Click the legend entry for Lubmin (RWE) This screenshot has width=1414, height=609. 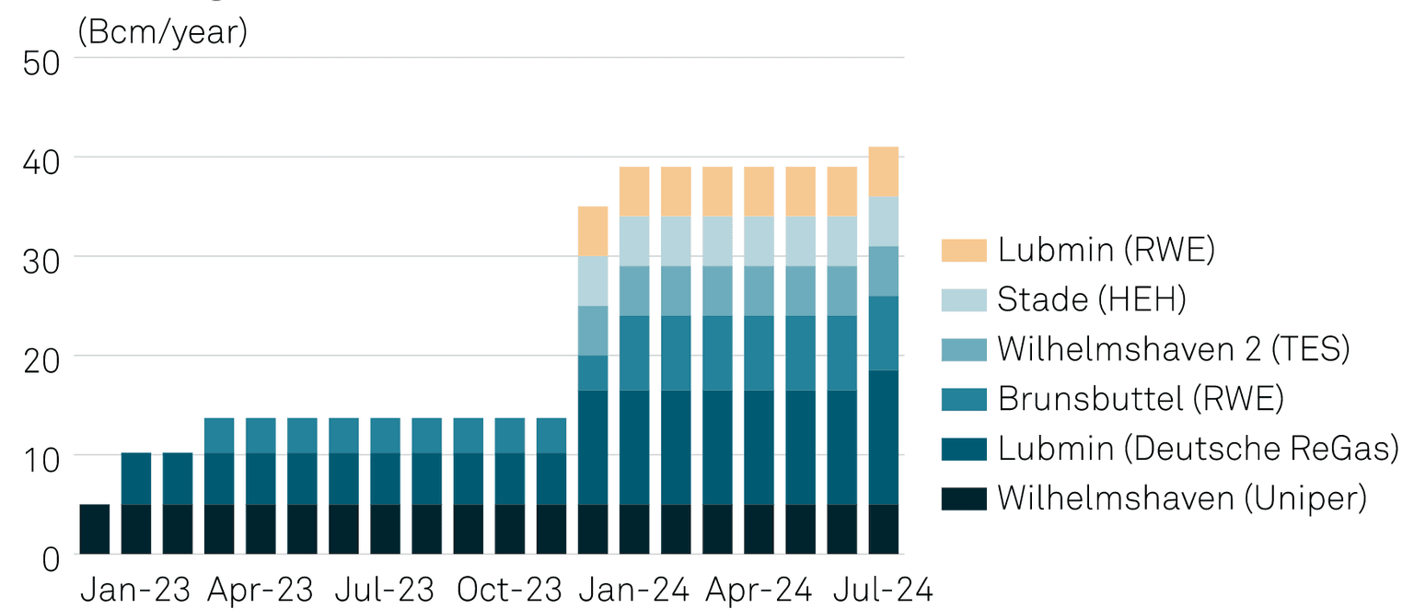tap(1105, 250)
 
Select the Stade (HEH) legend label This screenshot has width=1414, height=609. tap(1092, 299)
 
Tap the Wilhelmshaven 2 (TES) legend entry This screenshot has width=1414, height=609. tap(1173, 349)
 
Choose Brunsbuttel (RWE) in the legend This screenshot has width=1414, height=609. tap(1140, 399)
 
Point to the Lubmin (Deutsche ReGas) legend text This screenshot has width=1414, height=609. tap(1198, 449)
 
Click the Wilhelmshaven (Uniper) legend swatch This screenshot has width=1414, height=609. tap(964, 498)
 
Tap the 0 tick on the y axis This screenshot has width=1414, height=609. tap(50, 557)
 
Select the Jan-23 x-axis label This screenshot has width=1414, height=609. tap(135, 589)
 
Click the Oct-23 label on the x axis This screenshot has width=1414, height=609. tap(510, 589)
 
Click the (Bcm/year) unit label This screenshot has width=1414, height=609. tap(163, 32)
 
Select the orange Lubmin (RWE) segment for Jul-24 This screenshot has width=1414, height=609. tap(884, 172)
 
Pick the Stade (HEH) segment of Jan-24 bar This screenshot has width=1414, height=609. tap(634, 241)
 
